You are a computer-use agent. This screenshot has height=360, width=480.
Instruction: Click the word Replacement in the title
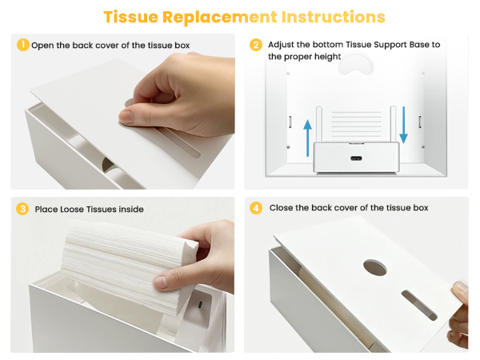coord(219,17)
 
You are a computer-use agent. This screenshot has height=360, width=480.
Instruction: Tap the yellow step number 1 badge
coord(23,45)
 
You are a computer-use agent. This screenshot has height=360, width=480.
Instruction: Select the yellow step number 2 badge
coord(256,45)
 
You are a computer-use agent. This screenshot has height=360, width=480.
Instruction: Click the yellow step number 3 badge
coord(22,209)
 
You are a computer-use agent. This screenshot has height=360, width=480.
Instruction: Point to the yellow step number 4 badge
coord(256,208)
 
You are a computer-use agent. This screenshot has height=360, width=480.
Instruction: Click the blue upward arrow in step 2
coord(308,138)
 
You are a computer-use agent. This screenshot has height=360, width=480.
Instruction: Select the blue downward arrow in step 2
coord(403,125)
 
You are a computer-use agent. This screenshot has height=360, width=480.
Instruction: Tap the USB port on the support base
coord(356,158)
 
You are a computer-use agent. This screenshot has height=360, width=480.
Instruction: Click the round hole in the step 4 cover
coord(375,267)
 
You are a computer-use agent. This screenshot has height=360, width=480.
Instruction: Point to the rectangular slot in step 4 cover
coord(419,306)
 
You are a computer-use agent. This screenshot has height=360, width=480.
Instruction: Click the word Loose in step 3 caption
coord(73,210)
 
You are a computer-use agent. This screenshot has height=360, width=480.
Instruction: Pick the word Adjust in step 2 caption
coord(281,45)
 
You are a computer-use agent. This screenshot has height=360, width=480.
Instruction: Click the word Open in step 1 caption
coord(42,46)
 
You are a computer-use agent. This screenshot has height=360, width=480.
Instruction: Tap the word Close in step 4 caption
coord(281,208)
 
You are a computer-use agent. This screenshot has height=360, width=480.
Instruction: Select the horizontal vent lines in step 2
coord(356,124)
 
